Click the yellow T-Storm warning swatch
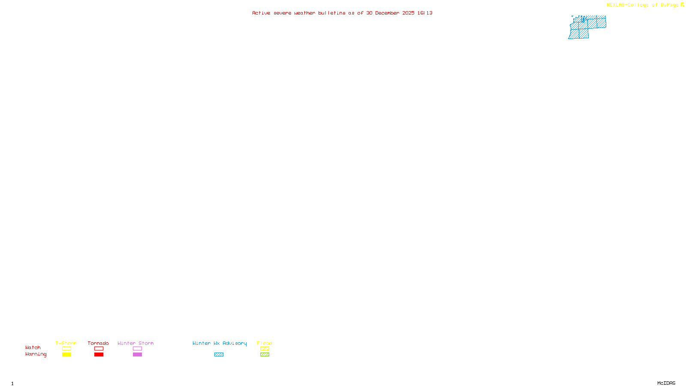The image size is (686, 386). point(66,355)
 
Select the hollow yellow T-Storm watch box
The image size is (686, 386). point(66,349)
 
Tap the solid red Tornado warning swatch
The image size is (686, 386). point(99,355)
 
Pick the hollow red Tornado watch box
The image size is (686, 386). point(99,349)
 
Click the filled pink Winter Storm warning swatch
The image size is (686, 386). point(137,355)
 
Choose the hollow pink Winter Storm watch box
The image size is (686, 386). point(137,349)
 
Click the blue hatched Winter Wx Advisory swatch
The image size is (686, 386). point(219,355)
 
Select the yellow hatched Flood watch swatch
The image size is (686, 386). point(265,349)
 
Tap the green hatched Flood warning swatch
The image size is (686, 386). point(265,355)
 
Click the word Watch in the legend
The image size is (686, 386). point(33,348)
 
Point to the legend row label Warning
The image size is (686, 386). point(36,354)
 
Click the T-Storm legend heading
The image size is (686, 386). point(66,343)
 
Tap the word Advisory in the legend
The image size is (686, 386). point(235,343)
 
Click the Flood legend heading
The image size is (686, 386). point(265,343)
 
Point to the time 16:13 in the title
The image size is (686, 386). point(425,13)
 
